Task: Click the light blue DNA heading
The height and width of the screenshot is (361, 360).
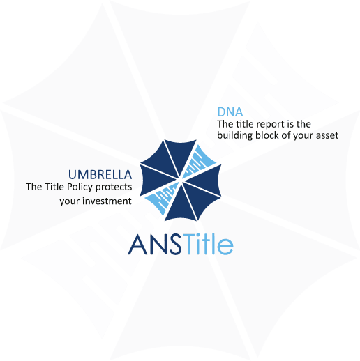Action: click(x=230, y=112)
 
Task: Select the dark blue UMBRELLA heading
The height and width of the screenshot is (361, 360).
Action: click(x=100, y=175)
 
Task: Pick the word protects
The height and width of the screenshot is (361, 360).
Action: click(x=114, y=187)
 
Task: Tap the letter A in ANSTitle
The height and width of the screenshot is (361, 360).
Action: click(x=137, y=245)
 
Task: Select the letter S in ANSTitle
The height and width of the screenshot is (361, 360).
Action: click(x=175, y=245)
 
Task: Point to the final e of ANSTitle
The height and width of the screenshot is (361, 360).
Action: click(x=225, y=246)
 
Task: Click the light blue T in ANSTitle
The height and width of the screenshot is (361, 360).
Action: click(x=188, y=244)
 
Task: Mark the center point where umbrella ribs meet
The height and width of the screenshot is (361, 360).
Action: click(x=180, y=180)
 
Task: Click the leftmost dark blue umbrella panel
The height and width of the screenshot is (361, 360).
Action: click(x=153, y=180)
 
